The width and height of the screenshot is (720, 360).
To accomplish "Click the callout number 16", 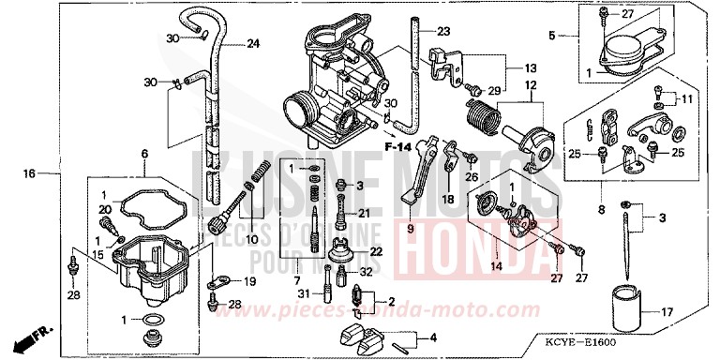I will pos(30,173).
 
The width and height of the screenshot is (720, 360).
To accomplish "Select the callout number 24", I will pos(253,42).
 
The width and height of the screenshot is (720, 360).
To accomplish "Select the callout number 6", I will pos(144,154).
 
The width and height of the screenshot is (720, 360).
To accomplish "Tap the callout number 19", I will pos(248,281).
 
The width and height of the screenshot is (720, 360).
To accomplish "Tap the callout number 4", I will pos(432,337).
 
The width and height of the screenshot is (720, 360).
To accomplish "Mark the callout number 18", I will pos(448,199).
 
